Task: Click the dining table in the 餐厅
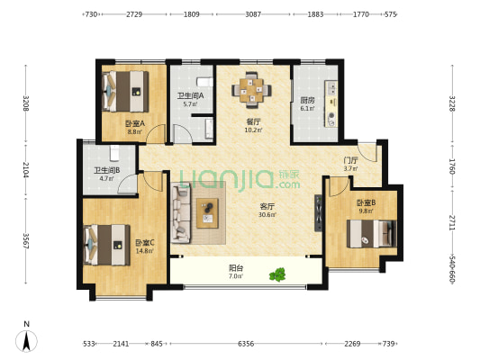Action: [x=251, y=90]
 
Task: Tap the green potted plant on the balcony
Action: [x=277, y=274]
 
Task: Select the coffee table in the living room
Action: [x=207, y=213]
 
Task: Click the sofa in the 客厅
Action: [x=181, y=213]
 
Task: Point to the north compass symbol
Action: [x=27, y=337]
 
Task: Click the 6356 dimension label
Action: [x=246, y=344]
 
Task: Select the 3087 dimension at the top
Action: [x=253, y=14]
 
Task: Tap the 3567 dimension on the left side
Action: [x=26, y=241]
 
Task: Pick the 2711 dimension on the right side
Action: [x=452, y=222]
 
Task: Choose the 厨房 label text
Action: [x=307, y=100]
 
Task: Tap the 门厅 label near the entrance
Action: [x=350, y=160]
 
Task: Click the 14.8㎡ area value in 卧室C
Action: [x=144, y=251]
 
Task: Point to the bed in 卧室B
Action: [x=372, y=233]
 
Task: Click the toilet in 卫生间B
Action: [x=114, y=153]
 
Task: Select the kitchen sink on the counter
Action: [x=331, y=88]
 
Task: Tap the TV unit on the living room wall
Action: [x=319, y=213]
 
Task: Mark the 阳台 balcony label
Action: [x=236, y=268]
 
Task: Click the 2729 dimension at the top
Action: [x=134, y=14]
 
